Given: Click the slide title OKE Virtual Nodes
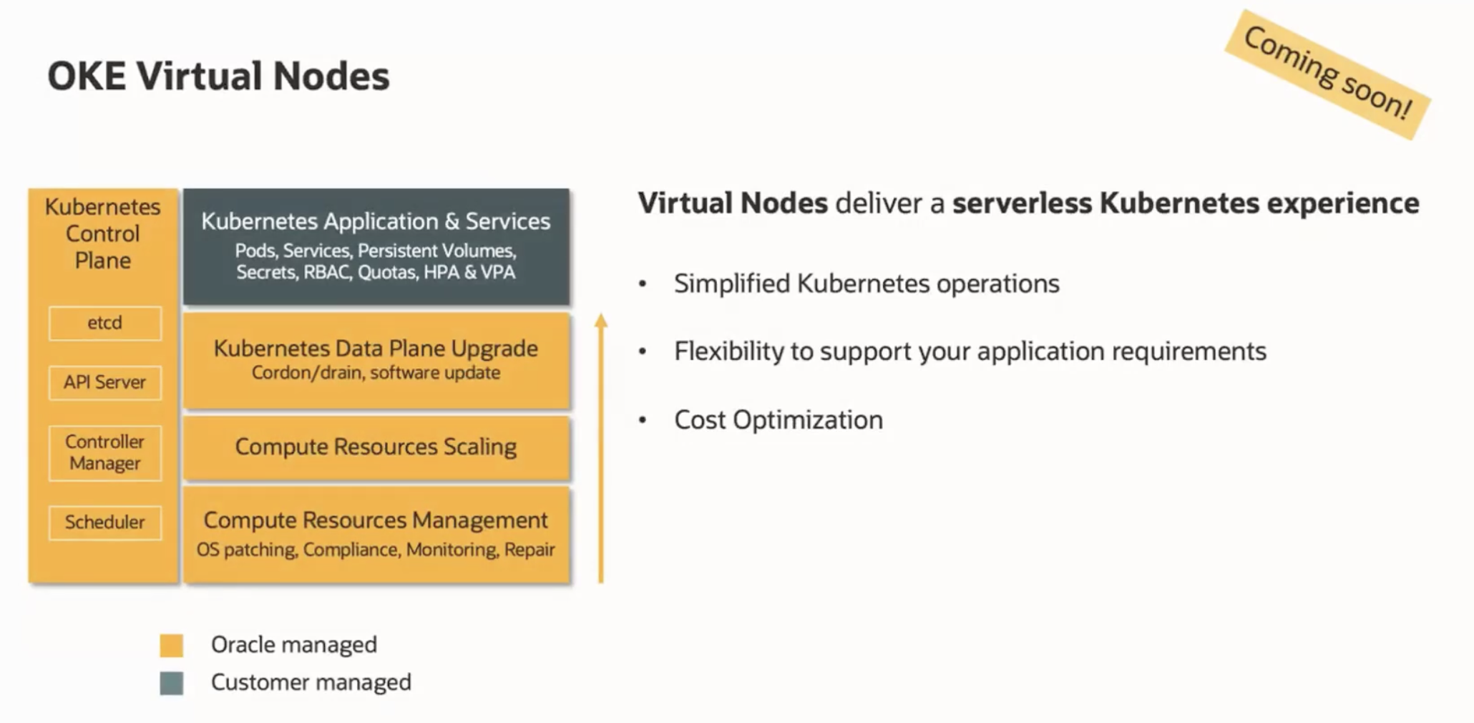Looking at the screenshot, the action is (218, 76).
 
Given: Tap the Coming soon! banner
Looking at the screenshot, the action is (1328, 74).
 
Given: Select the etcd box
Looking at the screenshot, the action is (105, 323).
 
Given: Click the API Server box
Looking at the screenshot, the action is (105, 382).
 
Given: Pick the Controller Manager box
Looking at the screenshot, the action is (105, 452).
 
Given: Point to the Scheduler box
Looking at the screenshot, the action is (105, 522).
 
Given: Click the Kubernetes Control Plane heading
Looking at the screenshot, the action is (103, 233).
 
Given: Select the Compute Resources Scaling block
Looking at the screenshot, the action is (376, 447).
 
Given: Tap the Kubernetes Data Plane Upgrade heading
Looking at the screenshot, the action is (376, 348).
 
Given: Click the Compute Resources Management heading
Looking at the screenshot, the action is (376, 520).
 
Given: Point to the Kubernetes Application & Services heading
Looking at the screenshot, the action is (376, 221).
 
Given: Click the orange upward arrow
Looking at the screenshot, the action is (601, 448).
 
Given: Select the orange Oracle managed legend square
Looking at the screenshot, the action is (172, 645).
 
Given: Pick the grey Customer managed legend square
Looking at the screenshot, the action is (172, 683).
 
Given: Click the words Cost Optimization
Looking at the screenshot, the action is (779, 419).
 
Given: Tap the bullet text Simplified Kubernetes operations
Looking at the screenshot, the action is (867, 283).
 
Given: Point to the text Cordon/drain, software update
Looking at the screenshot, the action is (376, 373).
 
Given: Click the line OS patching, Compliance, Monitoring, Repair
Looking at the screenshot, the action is (376, 550).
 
